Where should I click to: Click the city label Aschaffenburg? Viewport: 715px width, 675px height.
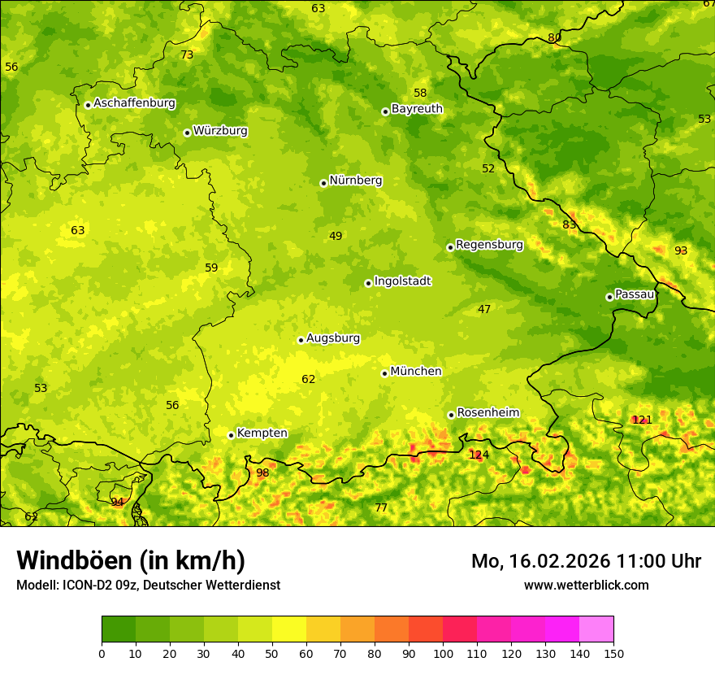(134, 103)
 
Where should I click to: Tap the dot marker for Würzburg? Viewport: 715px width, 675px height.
(187, 133)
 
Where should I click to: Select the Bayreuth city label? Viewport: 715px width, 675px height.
(417, 109)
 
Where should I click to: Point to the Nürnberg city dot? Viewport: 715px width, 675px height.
(323, 183)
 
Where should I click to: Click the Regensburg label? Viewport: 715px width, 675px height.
(489, 245)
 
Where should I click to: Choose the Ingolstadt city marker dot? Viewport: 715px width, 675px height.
(368, 283)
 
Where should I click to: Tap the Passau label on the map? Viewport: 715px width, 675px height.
(635, 294)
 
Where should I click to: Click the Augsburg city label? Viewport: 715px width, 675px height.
(333, 338)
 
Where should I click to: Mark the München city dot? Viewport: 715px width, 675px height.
(384, 373)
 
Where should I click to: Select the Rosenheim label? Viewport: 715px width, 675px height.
(487, 413)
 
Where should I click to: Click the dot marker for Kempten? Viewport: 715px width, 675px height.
(231, 435)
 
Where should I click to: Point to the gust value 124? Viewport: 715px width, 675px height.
(479, 455)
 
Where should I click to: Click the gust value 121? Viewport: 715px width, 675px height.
(642, 420)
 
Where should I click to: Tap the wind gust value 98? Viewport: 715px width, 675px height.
(262, 473)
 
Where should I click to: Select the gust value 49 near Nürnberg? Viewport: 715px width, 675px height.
(336, 237)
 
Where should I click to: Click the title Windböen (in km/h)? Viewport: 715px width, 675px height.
(131, 560)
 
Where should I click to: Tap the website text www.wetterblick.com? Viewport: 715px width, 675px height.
(586, 585)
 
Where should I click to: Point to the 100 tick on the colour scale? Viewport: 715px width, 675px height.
(443, 652)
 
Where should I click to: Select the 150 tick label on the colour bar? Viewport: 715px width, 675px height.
(613, 652)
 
